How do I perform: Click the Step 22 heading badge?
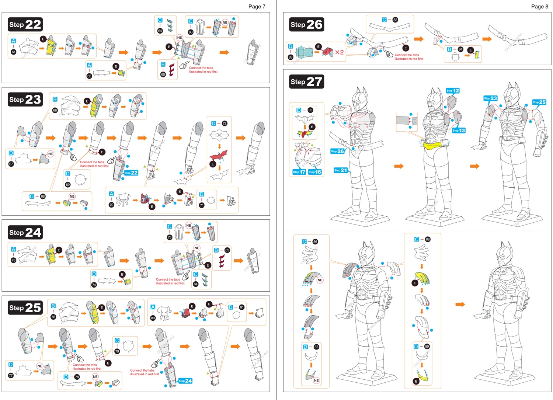[25, 25]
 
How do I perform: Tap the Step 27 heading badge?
[306, 81]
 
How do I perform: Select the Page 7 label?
[257, 6]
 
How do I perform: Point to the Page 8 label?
[539, 6]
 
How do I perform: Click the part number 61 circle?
[14, 52]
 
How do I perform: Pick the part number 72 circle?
[225, 124]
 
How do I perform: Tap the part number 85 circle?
[310, 110]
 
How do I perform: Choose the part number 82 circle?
[395, 20]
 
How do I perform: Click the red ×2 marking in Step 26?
[339, 52]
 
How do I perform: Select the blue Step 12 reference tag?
[453, 91]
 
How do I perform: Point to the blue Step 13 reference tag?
[459, 131]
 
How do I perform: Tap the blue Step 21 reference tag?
[341, 170]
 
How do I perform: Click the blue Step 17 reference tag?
[299, 172]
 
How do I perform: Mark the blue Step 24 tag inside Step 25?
[185, 381]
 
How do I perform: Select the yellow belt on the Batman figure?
[435, 145]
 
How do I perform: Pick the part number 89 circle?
[427, 347]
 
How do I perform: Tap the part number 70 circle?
[111, 205]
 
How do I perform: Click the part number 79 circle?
[117, 351]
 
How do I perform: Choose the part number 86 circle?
[315, 242]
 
